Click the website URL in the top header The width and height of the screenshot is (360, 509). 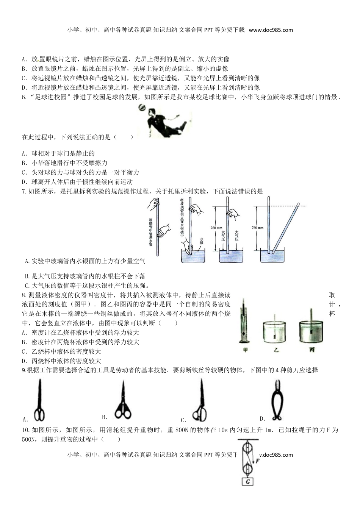pos(271,30)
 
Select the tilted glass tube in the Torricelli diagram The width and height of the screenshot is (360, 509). pos(285,227)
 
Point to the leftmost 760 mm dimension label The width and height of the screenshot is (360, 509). pos(216,228)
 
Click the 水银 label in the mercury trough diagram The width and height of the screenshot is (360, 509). pos(202,240)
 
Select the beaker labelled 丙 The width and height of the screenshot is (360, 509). pos(312,329)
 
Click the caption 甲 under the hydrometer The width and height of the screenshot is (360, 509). pos(245,350)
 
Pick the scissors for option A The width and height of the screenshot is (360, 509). pos(39,401)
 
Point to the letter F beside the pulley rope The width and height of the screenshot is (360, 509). pos(257,461)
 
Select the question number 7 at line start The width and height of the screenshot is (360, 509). pos(24,191)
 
